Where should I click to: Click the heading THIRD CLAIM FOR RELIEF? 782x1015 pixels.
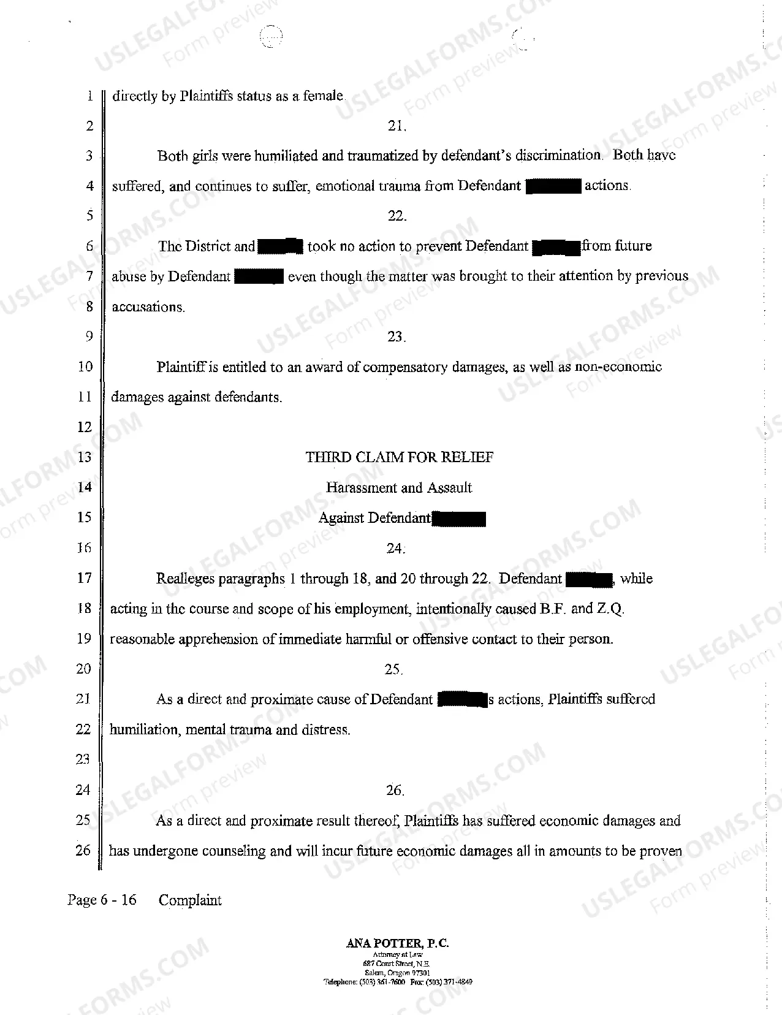(x=400, y=457)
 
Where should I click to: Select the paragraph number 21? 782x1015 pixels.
(x=397, y=126)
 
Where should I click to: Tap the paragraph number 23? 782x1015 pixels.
(x=396, y=336)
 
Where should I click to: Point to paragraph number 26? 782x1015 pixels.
(x=395, y=791)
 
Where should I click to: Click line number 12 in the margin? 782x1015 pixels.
(x=85, y=427)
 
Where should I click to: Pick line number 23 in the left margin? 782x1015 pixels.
(x=83, y=759)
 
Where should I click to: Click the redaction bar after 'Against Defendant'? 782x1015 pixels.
(x=459, y=519)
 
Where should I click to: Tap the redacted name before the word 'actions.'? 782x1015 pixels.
(x=553, y=186)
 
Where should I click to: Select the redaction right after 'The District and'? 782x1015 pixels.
(x=281, y=247)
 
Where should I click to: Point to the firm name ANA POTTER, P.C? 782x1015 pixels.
(x=397, y=944)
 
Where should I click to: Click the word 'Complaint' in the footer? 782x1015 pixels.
(x=190, y=900)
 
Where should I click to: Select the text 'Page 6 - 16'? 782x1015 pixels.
(x=102, y=900)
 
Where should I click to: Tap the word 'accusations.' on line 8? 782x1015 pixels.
(x=148, y=307)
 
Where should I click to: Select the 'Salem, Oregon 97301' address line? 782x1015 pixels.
(x=397, y=973)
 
